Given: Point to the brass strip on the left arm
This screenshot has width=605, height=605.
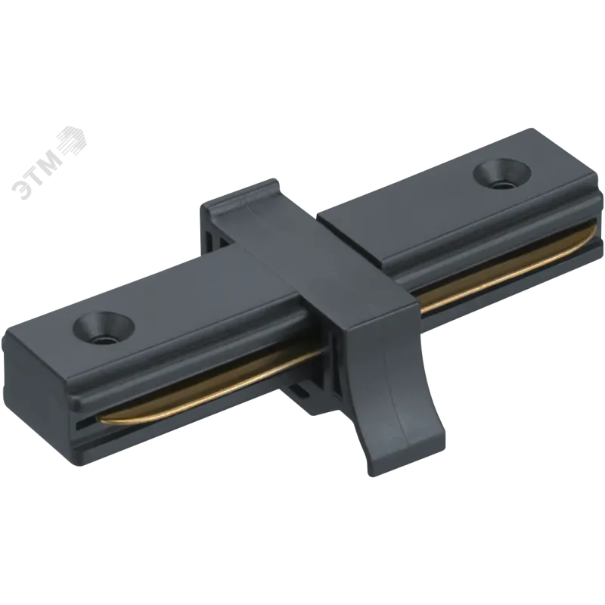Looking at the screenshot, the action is coord(209,382).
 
